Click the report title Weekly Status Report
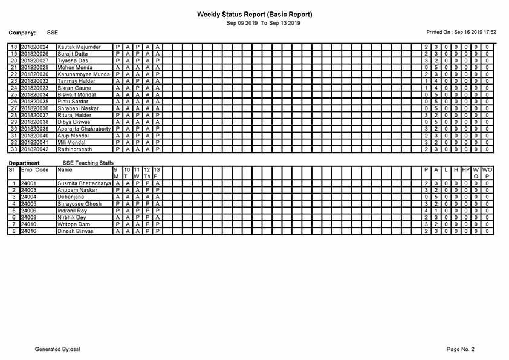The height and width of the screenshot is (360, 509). [x=254, y=14]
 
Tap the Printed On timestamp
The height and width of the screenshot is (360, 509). [x=461, y=31]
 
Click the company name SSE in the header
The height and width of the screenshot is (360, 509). [x=52, y=32]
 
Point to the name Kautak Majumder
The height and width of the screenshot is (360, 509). [x=79, y=47]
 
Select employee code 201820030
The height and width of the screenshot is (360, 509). [x=34, y=74]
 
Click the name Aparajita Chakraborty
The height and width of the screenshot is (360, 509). [x=84, y=128]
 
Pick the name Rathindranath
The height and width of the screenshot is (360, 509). [x=75, y=149]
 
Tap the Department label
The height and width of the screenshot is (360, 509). [x=24, y=163]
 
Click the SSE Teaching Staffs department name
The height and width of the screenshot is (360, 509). [x=88, y=163]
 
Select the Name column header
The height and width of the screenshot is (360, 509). [x=64, y=170]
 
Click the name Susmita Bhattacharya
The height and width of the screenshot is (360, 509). [x=84, y=183]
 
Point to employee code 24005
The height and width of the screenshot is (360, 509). [x=29, y=203]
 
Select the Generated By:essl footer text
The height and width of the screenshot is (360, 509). [x=57, y=349]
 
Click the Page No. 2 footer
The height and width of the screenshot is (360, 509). [x=461, y=349]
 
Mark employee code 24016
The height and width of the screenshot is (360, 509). [x=29, y=231]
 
